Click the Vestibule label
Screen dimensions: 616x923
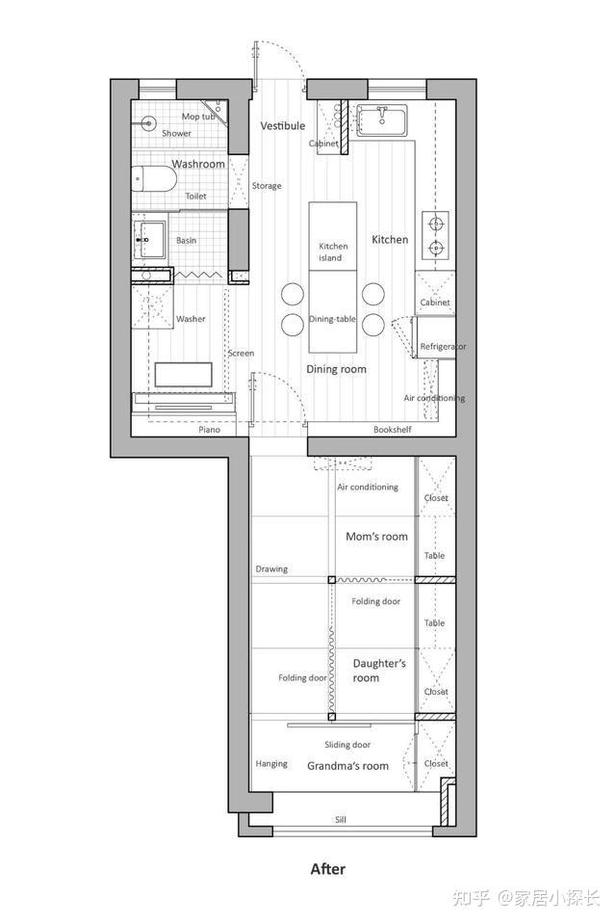click(283, 125)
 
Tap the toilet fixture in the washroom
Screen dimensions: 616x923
click(153, 179)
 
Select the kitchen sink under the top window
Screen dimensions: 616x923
click(382, 120)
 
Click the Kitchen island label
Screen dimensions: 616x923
click(333, 251)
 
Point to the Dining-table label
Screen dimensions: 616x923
click(333, 319)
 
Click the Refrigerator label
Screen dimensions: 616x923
click(443, 347)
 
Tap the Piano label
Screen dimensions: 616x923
click(209, 430)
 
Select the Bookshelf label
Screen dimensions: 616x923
click(393, 430)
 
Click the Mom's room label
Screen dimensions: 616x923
click(376, 537)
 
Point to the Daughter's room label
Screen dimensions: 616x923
click(379, 671)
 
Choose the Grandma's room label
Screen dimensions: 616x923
click(348, 766)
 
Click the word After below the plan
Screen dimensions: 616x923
click(328, 869)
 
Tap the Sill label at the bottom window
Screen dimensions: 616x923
click(341, 819)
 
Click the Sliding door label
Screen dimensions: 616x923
click(348, 745)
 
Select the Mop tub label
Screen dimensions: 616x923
click(198, 117)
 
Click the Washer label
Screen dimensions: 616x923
click(191, 319)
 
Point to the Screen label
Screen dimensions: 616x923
click(241, 354)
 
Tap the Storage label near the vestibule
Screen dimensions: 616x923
click(267, 186)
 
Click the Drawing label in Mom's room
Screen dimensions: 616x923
click(271, 569)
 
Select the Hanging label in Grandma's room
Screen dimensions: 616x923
click(271, 764)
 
